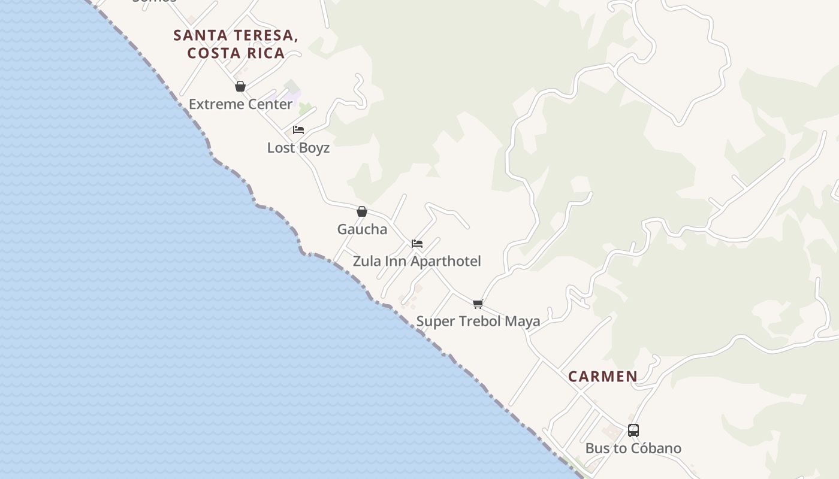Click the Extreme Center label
pyautogui.click(x=240, y=104)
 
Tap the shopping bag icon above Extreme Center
pyautogui.click(x=240, y=87)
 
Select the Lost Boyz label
pyautogui.click(x=298, y=148)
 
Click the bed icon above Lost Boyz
pyautogui.click(x=298, y=130)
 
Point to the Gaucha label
pyautogui.click(x=362, y=229)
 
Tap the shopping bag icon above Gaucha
pyautogui.click(x=362, y=211)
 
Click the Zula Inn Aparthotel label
pyautogui.click(x=417, y=262)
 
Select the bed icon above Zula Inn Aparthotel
pyautogui.click(x=417, y=244)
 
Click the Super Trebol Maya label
pyautogui.click(x=478, y=322)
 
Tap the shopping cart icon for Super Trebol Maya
pyautogui.click(x=478, y=304)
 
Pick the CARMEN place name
pyautogui.click(x=602, y=377)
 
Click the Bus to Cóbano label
pyautogui.click(x=633, y=448)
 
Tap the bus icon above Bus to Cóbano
pyautogui.click(x=633, y=431)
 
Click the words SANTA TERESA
pyautogui.click(x=236, y=35)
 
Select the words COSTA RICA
pyautogui.click(x=236, y=53)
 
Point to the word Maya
pyautogui.click(x=522, y=322)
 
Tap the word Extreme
pyautogui.click(x=215, y=104)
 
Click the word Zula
pyautogui.click(x=365, y=262)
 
